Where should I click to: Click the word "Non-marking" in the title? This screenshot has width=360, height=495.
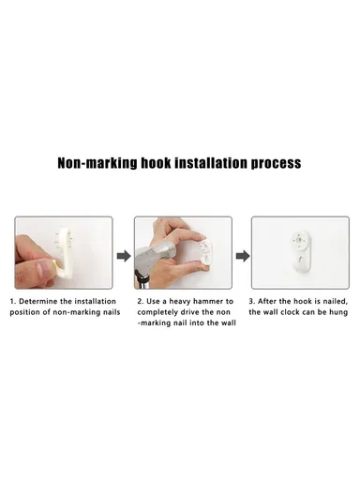point(97,163)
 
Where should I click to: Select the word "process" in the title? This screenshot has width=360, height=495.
point(276,163)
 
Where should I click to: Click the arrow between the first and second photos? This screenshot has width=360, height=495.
point(124,256)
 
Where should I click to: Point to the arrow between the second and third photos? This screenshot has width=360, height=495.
point(243,256)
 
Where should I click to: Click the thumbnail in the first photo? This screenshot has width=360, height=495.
point(43,269)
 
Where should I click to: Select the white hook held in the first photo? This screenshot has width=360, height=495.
point(66,252)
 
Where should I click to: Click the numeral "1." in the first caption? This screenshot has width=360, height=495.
point(13,302)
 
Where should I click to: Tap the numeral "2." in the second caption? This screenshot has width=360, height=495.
point(141,302)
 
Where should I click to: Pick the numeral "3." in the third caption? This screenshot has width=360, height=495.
point(252,302)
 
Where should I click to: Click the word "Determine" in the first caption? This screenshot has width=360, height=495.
point(37,302)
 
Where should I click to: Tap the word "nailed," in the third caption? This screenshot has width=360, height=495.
point(336,302)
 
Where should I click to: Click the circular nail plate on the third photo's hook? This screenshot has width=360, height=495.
point(298,240)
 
